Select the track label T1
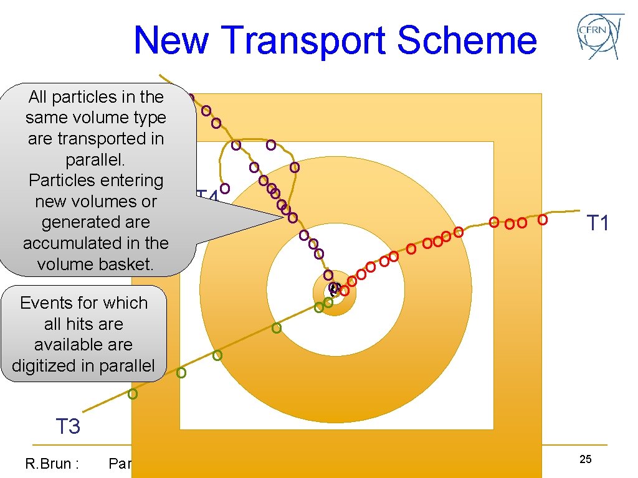598,223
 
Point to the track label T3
68,427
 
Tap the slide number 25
585,459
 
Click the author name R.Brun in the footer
51,463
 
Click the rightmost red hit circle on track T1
543,220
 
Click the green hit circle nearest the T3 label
133,394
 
